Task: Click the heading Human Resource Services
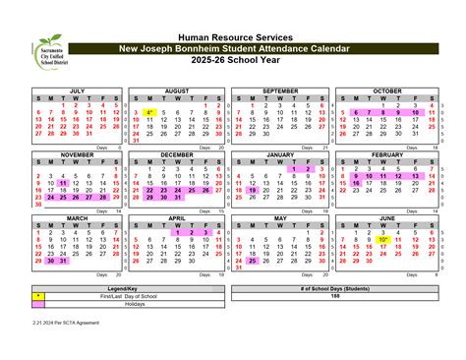[233, 36]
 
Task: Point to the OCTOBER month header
[386, 90]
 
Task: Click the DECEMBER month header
[177, 154]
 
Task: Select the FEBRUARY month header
[386, 154]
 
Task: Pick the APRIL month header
[177, 217]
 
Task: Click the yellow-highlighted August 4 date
[149, 113]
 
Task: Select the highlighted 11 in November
[63, 183]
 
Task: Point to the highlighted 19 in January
[254, 190]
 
